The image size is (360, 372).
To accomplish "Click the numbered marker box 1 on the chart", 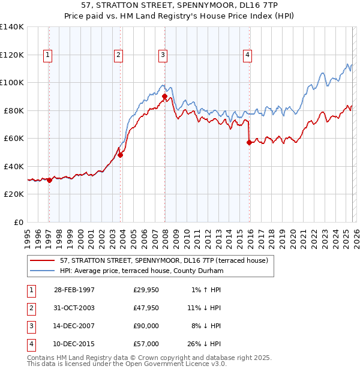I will (47, 55).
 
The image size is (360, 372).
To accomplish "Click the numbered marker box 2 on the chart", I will (118, 55).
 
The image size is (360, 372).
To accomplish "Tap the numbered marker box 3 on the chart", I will (163, 55).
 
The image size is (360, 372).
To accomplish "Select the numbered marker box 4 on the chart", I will (247, 55).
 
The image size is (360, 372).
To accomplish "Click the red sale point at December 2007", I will (164, 95).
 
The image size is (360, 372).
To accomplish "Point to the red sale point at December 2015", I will (249, 142).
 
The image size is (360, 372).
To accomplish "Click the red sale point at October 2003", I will (120, 155).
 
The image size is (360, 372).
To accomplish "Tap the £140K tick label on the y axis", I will (11, 27).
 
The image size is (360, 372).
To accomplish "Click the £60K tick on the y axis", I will (13, 139).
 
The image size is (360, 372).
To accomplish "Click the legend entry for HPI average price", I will (141, 271).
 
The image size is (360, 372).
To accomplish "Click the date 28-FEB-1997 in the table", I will (74, 290).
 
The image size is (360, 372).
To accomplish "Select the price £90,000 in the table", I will (146, 326).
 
